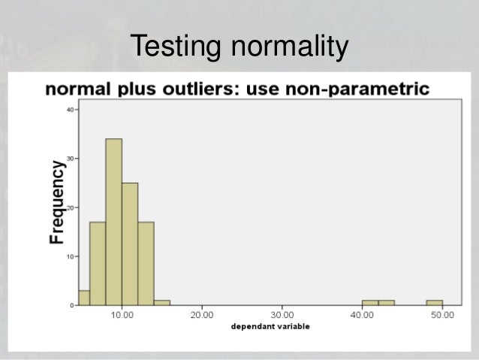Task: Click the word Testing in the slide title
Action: click(174, 47)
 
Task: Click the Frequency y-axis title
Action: click(56, 203)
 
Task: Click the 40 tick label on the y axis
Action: click(70, 110)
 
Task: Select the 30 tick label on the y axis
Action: click(70, 159)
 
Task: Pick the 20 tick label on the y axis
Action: click(70, 207)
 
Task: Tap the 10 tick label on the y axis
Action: click(70, 256)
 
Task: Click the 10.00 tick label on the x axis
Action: click(122, 315)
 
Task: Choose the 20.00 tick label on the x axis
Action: click(202, 315)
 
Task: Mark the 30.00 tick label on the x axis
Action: click(282, 315)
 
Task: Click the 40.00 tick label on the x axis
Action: click(362, 315)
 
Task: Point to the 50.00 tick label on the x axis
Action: click(442, 315)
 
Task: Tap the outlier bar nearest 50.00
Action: click(434, 303)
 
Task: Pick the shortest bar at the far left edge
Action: click(84, 298)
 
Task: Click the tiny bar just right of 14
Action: click(161, 303)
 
